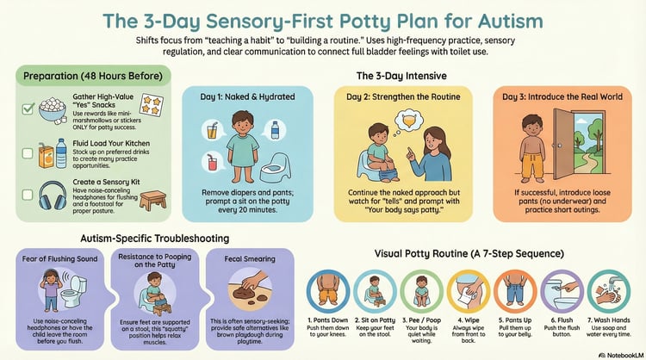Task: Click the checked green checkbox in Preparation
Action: pyautogui.click(x=28, y=109)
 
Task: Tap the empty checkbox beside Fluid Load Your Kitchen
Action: pyautogui.click(x=28, y=153)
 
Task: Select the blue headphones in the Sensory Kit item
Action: pyautogui.click(x=53, y=196)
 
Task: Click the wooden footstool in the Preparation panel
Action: pyautogui.click(x=152, y=201)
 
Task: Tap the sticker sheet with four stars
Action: pyautogui.click(x=152, y=105)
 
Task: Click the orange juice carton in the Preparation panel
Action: pyautogui.click(x=46, y=156)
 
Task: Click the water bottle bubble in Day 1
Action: pyautogui.click(x=275, y=130)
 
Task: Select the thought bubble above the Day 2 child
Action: pyautogui.click(x=408, y=119)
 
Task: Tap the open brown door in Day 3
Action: pyautogui.click(x=563, y=144)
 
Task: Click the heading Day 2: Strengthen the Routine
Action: pyautogui.click(x=403, y=96)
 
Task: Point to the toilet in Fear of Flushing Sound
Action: pyautogui.click(x=74, y=291)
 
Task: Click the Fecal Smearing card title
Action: pyautogui.click(x=250, y=258)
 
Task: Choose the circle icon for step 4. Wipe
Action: pyautogui.click(x=469, y=291)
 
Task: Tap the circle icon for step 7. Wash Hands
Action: pyautogui.click(x=608, y=291)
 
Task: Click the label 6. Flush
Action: pyautogui.click(x=562, y=320)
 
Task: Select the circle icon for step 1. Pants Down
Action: pyautogui.click(x=328, y=291)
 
